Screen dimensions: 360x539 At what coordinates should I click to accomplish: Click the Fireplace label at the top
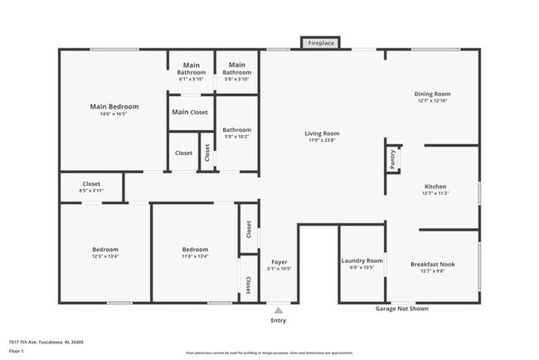point(319,42)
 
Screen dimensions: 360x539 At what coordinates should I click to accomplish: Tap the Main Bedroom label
point(114,107)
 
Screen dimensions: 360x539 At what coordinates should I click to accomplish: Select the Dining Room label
point(431,94)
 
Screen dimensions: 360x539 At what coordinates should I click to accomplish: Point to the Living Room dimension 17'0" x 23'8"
point(323,140)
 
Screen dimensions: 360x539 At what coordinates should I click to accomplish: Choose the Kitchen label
point(435,187)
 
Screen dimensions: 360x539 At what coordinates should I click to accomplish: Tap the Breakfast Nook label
point(432,264)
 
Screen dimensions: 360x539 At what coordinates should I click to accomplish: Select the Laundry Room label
point(362,260)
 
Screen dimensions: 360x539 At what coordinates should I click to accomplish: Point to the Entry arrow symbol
point(279,309)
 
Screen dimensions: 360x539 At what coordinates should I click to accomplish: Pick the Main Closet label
point(190,112)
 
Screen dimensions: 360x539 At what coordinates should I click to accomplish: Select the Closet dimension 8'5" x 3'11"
point(91,191)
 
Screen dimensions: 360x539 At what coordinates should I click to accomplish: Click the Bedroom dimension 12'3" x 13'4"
point(104,256)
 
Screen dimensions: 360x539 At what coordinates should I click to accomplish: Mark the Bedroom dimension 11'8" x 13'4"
point(195,256)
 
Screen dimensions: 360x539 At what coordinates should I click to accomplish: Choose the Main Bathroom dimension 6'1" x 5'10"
point(192,80)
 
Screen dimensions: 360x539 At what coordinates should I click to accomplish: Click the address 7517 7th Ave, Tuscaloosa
point(46,341)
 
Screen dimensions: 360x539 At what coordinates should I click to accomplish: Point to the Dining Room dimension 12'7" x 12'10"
point(431,101)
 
